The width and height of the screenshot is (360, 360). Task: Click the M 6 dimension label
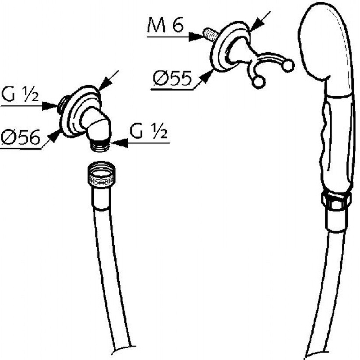point(165,27)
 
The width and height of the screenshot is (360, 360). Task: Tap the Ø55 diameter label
point(172,79)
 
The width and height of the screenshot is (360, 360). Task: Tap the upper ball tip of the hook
point(289,66)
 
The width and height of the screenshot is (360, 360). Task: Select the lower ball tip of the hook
point(258,82)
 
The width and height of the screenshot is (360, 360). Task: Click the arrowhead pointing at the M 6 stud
point(198,36)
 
